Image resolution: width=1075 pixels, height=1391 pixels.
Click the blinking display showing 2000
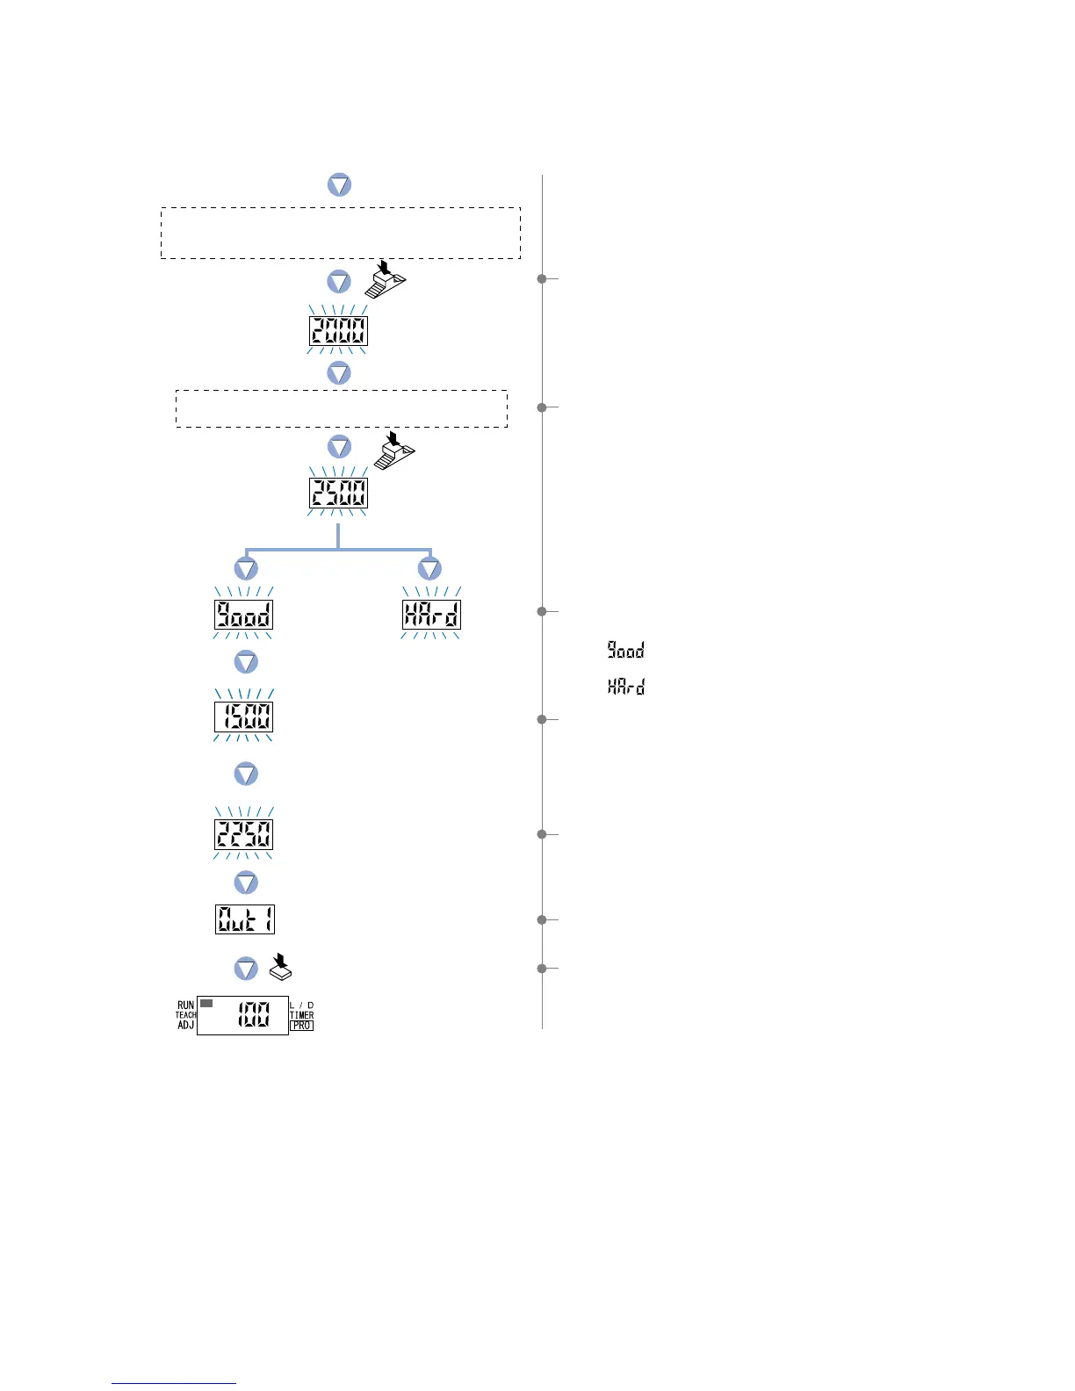coord(338,331)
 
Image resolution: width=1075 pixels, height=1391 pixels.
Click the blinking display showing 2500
coord(338,494)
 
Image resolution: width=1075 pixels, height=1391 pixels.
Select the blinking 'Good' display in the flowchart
coord(244,615)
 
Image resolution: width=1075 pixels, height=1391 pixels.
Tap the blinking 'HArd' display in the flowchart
coord(430,615)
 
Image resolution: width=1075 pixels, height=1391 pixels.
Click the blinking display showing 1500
coord(244,717)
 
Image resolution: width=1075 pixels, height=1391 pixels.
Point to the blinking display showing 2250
coord(244,834)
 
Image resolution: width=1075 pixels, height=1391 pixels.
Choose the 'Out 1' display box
coord(245,919)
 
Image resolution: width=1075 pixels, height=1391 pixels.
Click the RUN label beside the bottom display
coord(185,1005)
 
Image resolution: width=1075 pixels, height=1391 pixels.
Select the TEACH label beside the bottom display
coord(185,1015)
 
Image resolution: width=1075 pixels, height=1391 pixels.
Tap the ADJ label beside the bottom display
coord(185,1025)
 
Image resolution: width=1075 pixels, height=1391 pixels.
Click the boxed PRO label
coord(301,1026)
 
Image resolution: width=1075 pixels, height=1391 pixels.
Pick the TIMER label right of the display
coord(301,1015)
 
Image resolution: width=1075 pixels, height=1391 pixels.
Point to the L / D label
coord(301,1005)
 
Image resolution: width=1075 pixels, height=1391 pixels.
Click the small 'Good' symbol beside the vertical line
coord(626,651)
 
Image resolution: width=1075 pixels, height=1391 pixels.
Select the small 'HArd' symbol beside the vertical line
coord(626,687)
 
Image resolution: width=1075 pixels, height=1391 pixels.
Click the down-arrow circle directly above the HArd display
coord(429,568)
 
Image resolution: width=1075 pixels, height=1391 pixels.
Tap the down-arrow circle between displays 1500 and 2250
coord(246,774)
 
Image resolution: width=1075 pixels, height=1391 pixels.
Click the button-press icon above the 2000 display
coord(386,280)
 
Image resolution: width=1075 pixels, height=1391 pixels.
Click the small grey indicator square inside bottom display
coord(206,1004)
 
